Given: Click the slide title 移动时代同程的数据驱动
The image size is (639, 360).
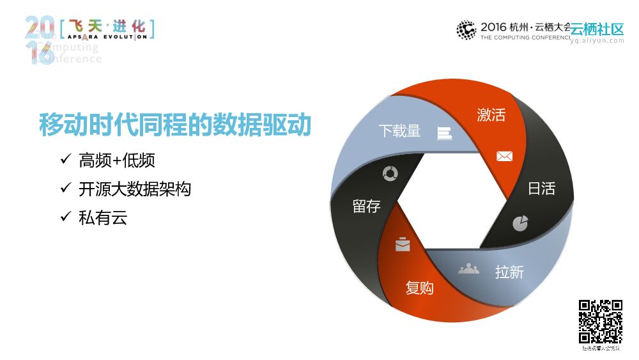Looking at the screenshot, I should pos(175,125).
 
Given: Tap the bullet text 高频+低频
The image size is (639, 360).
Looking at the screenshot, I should pos(117,160).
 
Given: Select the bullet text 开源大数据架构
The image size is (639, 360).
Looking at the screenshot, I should pos(135,189).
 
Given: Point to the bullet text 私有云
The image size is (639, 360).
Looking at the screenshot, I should pos(103,218).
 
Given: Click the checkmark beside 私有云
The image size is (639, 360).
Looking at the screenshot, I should pos(65,217).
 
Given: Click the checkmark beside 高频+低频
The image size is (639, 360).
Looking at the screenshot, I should pos(65,160).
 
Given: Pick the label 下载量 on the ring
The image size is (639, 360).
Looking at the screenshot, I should pos(399,131).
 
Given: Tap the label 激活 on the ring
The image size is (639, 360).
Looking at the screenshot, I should pos(491,115).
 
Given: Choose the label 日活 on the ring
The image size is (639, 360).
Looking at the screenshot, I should pos(541,189).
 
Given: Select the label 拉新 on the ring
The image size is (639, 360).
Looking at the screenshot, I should pos(509,272).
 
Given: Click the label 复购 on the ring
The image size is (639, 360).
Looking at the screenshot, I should pos(419,288).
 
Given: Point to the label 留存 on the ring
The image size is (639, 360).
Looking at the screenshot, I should pos(366,207).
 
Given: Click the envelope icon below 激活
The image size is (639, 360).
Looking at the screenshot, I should pos(505,156).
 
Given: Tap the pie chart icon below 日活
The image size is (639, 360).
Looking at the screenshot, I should pos(520,223).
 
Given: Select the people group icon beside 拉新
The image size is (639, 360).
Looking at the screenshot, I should pos(468,269).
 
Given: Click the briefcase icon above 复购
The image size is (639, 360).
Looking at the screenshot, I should pos(403,244).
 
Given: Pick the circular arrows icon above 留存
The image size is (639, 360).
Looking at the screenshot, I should pos(390,173).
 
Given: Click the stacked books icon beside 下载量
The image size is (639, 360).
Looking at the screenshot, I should pos(444,133).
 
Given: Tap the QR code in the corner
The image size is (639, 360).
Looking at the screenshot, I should pos(601,322).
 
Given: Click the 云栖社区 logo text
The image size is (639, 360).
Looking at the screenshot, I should pos(597,29).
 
